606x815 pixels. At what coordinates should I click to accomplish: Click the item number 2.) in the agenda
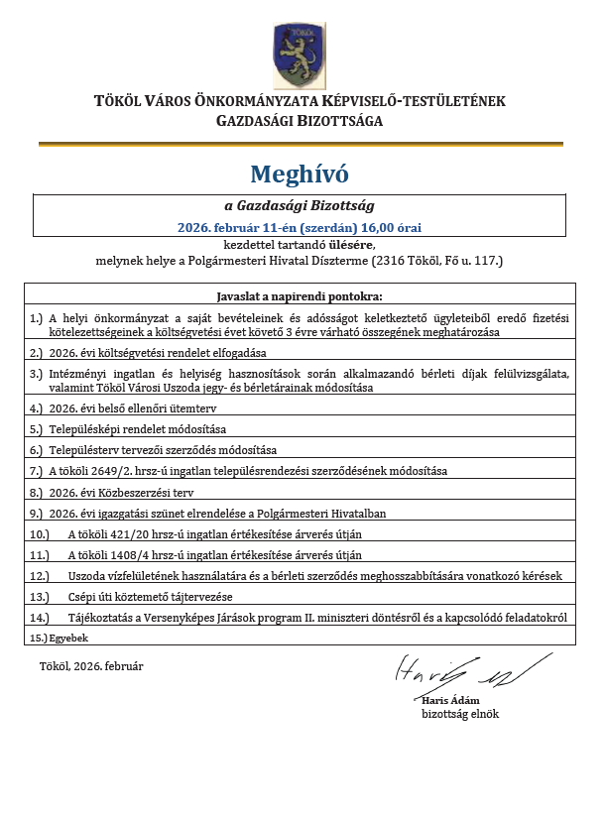(x=37, y=352)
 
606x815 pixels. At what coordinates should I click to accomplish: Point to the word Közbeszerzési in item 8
(x=131, y=492)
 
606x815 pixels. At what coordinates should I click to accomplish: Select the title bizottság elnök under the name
(x=460, y=714)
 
